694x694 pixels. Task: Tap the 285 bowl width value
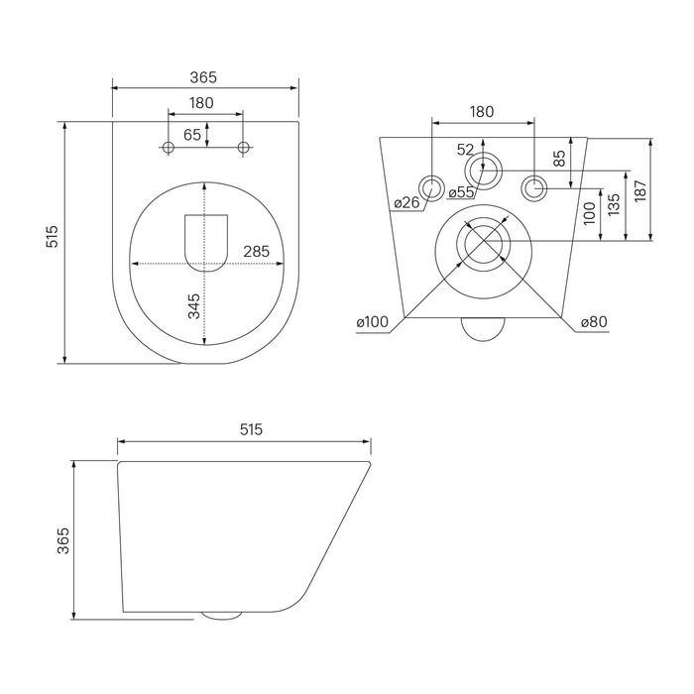[x=257, y=251]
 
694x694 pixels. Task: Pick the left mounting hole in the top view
[x=168, y=148]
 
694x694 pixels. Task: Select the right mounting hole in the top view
[x=244, y=148]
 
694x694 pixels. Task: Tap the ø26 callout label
[x=406, y=203]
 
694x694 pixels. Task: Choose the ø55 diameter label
[x=461, y=192]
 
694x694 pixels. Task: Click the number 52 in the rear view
[x=465, y=150]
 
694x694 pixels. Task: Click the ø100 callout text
[x=373, y=322]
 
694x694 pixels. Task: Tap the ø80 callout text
[x=593, y=322]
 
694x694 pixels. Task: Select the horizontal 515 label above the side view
[x=250, y=429]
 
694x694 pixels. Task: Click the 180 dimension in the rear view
[x=481, y=112]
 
